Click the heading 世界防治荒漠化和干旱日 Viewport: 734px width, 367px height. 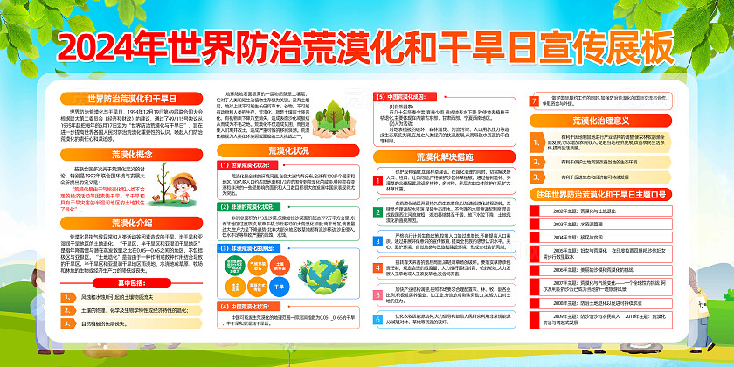point(119,100)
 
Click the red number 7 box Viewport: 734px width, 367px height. point(535,100)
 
